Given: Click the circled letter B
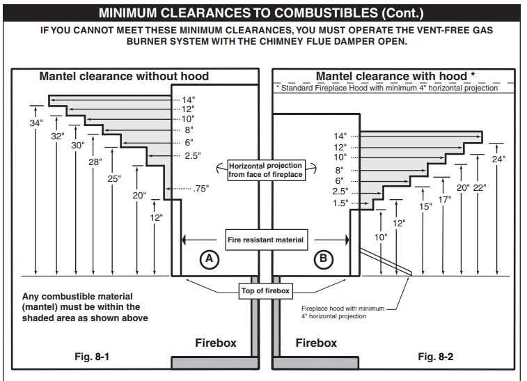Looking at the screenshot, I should tap(323, 260).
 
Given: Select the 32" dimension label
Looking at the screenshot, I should tap(57, 137).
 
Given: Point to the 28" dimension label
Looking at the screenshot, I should tap(95, 162).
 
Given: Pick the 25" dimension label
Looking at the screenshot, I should tap(113, 178).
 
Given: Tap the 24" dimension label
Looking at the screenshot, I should tap(498, 160).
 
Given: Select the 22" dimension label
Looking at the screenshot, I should tap(479, 187).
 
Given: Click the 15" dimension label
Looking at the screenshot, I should tap(425, 207).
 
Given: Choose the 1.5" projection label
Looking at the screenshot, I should tap(340, 203).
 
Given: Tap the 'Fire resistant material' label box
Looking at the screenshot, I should tap(265, 240).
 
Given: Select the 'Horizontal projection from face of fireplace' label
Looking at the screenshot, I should tap(265, 171).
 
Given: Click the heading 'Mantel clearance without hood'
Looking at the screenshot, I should tap(123, 76).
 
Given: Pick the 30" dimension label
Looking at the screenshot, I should tap(77, 146).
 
